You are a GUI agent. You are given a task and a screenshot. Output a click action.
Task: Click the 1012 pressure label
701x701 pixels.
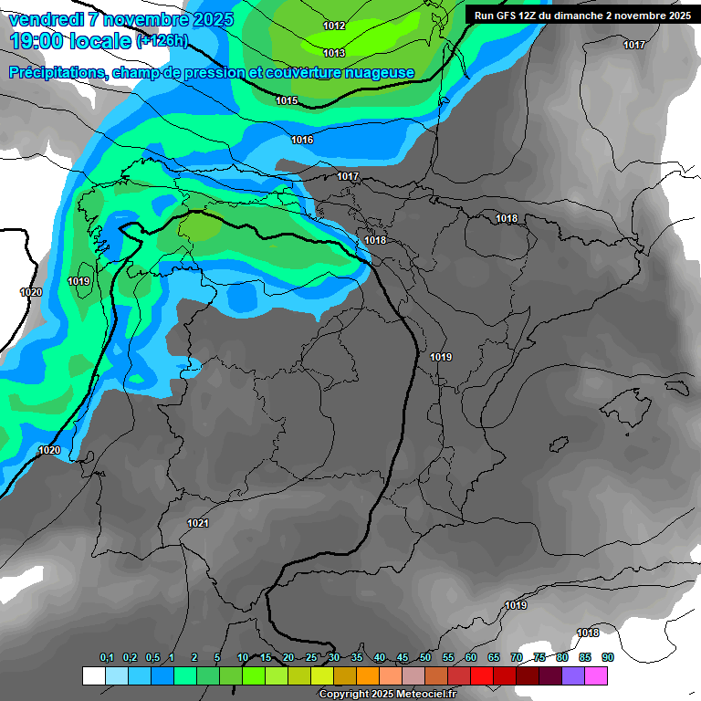tap(334, 26)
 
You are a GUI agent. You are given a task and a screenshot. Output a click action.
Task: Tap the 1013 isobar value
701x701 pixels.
tap(334, 53)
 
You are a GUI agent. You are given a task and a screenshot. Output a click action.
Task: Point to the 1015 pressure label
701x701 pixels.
tap(287, 100)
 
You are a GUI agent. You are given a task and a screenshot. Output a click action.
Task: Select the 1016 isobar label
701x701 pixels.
tap(302, 140)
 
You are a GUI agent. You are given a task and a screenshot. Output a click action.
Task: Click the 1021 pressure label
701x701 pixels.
tap(198, 523)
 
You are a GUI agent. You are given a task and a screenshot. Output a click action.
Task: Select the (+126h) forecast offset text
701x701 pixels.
tap(162, 41)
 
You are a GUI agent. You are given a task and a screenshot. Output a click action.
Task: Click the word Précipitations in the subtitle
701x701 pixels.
tap(56, 73)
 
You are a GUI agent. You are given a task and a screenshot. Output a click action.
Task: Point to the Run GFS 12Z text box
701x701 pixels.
tap(580, 16)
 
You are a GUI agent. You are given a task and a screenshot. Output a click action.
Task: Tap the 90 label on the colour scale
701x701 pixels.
tap(607, 658)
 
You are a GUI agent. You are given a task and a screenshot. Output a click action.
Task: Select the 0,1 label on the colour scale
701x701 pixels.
tap(106, 658)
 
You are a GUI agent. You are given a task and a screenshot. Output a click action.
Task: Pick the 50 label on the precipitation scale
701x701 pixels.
tap(425, 658)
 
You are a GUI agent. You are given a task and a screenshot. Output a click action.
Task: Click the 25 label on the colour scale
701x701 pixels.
tap(311, 658)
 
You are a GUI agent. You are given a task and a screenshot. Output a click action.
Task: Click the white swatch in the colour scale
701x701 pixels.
tap(93, 675)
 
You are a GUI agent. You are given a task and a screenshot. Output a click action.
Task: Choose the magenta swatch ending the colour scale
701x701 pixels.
tap(596, 675)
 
